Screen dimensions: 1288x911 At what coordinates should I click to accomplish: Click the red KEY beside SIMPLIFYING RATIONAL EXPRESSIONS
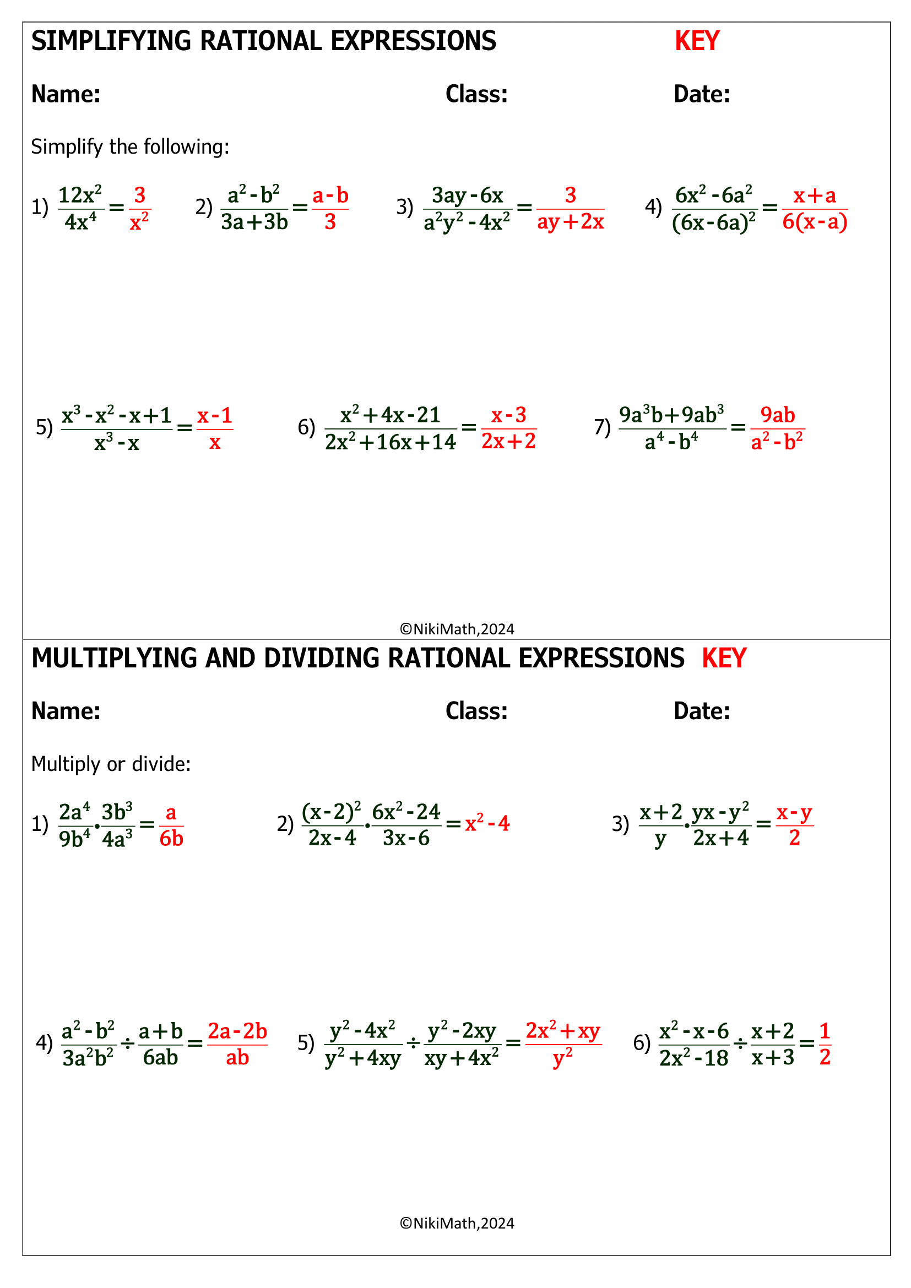click(697, 41)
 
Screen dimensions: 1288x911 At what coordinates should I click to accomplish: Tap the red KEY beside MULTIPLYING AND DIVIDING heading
click(724, 658)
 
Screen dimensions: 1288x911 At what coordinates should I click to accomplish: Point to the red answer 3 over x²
click(139, 209)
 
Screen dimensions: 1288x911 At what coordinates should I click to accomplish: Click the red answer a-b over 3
click(330, 209)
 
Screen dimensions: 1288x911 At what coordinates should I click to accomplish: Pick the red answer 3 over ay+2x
click(570, 209)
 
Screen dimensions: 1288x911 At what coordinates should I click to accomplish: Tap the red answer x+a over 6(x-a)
click(814, 209)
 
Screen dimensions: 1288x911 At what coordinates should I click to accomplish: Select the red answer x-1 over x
click(214, 429)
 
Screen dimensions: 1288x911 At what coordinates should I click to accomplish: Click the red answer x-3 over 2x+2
click(508, 428)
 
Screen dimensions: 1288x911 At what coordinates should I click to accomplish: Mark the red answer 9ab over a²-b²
click(777, 428)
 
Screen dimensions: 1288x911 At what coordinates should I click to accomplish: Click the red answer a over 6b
click(171, 825)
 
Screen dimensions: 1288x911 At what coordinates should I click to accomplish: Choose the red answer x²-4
click(487, 823)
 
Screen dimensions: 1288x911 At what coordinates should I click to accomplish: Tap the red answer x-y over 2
click(794, 825)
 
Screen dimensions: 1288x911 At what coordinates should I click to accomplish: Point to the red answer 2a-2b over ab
click(237, 1044)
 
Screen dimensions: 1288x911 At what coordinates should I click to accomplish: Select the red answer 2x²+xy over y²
click(563, 1044)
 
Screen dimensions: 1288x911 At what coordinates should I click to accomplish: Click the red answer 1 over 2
click(825, 1044)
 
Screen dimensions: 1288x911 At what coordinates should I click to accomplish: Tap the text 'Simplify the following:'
click(130, 147)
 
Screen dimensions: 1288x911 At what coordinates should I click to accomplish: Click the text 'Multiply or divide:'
click(111, 764)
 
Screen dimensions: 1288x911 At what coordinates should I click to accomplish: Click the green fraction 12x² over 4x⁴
click(81, 209)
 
